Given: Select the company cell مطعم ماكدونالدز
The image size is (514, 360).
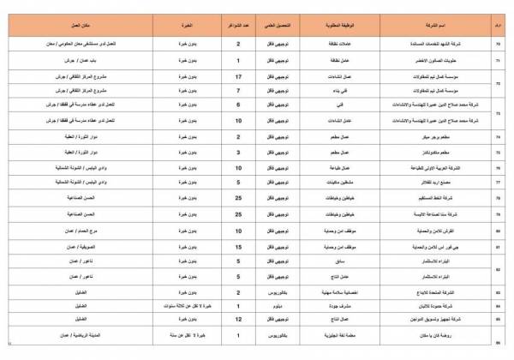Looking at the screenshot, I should point(445,151).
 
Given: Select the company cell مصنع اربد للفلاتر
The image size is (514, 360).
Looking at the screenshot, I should point(445,183).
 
